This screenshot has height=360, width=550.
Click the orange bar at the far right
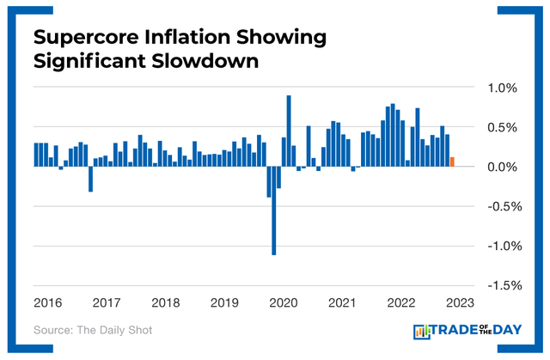point(452,162)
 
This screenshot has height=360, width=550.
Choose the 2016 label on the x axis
point(47,302)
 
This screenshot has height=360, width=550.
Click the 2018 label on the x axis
point(165,302)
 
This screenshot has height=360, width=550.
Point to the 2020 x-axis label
point(283,302)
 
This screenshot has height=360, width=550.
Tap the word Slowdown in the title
point(210,63)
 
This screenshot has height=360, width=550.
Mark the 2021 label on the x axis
point(342,302)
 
